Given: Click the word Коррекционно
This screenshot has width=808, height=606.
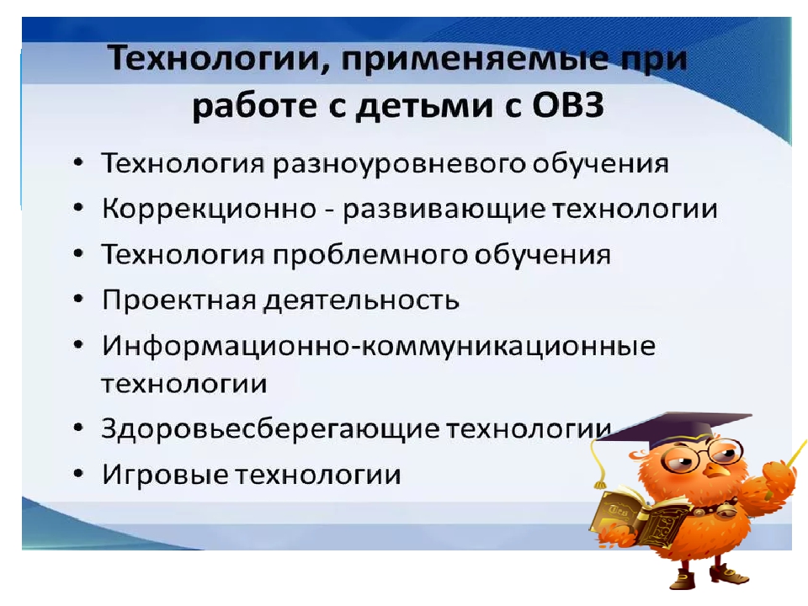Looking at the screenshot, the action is coord(209,210).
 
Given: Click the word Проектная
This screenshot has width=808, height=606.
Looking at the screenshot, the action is coord(178,300).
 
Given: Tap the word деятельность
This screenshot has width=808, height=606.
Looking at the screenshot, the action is coord(361,300).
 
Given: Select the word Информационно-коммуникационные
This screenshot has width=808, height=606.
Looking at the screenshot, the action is coord(379,346).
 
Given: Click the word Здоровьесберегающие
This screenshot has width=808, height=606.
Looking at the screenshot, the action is coord(270,428).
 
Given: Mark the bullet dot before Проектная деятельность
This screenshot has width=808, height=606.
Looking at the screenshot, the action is coord(77,299).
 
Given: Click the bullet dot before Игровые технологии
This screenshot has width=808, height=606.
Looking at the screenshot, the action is coord(77,473).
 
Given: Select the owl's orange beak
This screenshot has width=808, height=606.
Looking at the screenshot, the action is coord(715,471).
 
